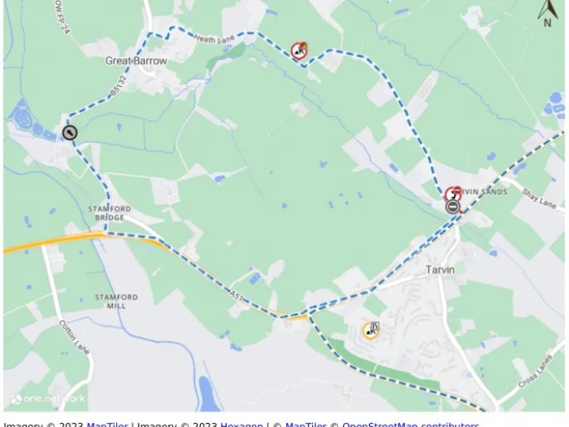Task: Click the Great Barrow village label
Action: coord(136,61)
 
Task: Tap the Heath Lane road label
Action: coord(215,39)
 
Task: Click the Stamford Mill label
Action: coord(116,301)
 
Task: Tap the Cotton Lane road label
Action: coord(74,336)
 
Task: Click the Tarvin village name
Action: coord(440,270)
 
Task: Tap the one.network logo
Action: coord(47,399)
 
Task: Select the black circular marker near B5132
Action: coord(70,133)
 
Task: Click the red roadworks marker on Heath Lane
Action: coord(299,51)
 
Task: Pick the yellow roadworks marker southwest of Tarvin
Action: coord(371,330)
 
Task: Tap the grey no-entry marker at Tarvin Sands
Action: coord(453,207)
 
